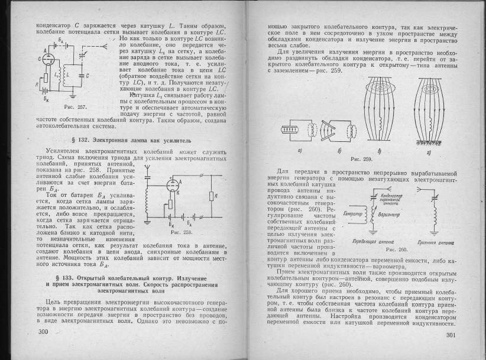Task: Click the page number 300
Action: click(x=42, y=333)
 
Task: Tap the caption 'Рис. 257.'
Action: click(x=74, y=106)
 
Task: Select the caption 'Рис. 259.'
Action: click(x=361, y=160)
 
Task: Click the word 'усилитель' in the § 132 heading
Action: click(x=172, y=141)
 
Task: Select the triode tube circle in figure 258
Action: click(x=173, y=187)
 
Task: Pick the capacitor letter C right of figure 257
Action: click(x=87, y=76)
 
